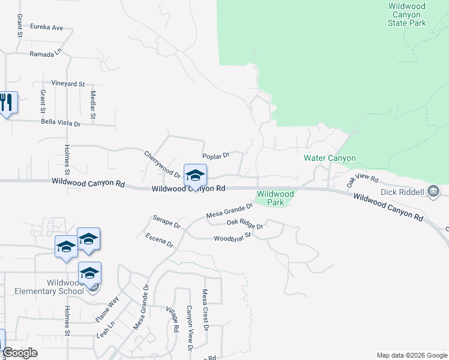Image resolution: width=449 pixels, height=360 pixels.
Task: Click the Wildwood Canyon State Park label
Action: pyautogui.click(x=407, y=14)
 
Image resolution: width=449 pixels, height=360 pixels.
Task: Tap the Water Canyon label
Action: pyautogui.click(x=330, y=158)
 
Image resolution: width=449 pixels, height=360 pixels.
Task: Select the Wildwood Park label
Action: pyautogui.click(x=275, y=198)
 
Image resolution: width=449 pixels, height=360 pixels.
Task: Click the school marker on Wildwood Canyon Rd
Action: pyautogui.click(x=195, y=176)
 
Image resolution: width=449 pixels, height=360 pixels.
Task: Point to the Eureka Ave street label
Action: pyautogui.click(x=48, y=28)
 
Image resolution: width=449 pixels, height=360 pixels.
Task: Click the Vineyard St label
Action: pyautogui.click(x=68, y=84)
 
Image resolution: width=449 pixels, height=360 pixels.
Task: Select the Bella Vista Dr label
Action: pyautogui.click(x=60, y=122)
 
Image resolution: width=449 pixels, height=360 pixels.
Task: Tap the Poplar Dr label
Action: pyautogui.click(x=216, y=156)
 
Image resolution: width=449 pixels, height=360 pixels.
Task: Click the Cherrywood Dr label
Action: pyautogui.click(x=162, y=164)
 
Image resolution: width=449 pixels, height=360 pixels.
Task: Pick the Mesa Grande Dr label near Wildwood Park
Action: pyautogui.click(x=229, y=211)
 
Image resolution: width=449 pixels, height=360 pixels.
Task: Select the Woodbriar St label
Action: pyautogui.click(x=232, y=238)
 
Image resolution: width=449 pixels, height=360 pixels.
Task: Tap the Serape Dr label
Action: pyautogui.click(x=166, y=221)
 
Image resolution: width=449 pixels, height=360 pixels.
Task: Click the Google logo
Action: pyautogui.click(x=19, y=353)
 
